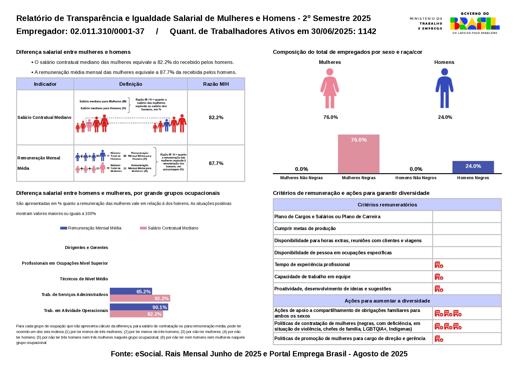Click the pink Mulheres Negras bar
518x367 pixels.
point(359,154)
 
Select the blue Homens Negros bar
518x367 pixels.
point(473,167)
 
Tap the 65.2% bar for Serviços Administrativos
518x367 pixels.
point(131,291)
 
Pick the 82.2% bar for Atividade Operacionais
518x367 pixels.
point(136,314)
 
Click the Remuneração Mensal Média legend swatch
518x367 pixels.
point(63,228)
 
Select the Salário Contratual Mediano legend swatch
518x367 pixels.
point(143,228)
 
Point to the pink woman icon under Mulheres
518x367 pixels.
point(330,88)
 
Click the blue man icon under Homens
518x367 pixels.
point(444,88)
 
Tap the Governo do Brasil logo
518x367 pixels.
point(475,23)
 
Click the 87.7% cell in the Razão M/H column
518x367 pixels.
point(216,163)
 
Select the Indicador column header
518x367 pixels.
point(45,84)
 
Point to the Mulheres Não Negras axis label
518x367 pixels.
point(301,178)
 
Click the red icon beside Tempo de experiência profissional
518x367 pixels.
point(439,265)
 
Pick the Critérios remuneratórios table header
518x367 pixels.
point(387,205)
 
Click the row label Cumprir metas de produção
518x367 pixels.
point(305,228)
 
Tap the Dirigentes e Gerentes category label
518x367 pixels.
point(86,248)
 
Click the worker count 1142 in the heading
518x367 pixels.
point(367,31)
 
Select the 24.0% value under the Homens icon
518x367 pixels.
point(445,117)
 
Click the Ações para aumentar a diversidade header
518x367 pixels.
point(387,301)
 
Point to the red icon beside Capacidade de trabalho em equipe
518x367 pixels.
point(439,277)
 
